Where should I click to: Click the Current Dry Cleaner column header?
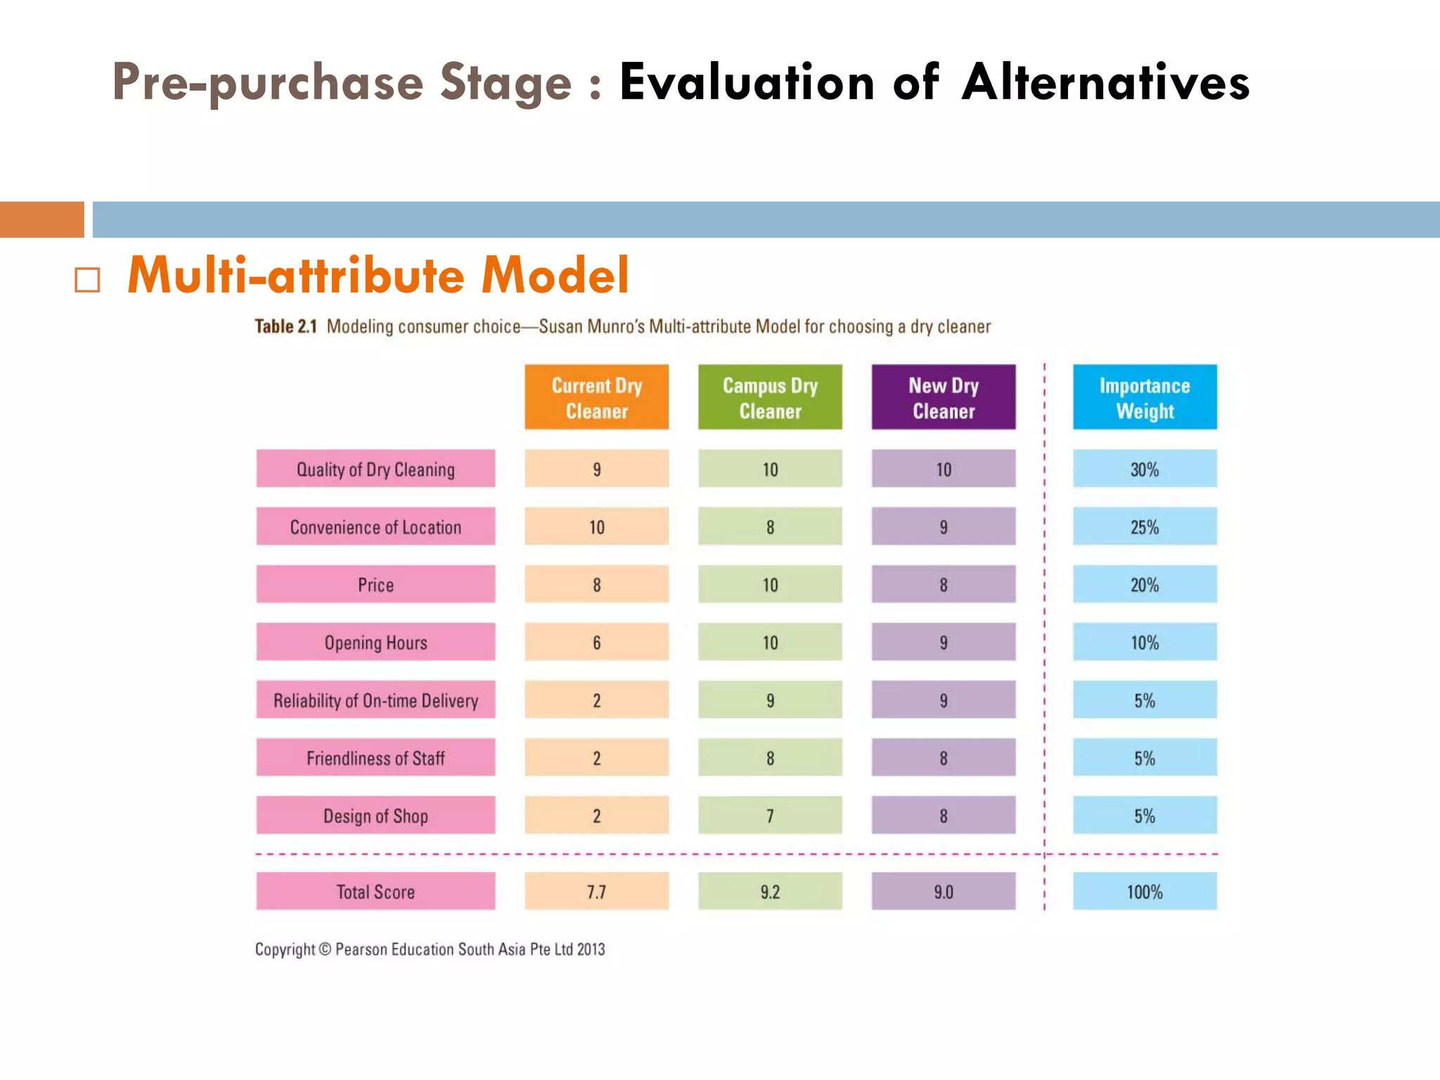[x=596, y=397]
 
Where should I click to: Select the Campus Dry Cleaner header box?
[x=770, y=397]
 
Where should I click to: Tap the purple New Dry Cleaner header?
[x=944, y=397]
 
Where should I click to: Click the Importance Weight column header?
[x=1145, y=397]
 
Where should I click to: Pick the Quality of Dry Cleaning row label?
[x=375, y=469]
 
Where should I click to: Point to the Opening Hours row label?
[x=375, y=642]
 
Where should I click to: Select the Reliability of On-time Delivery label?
[x=375, y=700]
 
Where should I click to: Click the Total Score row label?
[x=375, y=892]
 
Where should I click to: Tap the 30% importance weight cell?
[x=1145, y=469]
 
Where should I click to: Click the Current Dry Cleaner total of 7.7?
[x=596, y=892]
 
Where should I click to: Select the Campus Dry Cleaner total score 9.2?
[x=770, y=892]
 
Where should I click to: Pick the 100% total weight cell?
[x=1145, y=892]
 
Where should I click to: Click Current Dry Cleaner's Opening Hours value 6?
[x=596, y=642]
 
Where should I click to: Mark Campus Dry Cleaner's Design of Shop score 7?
[x=770, y=816]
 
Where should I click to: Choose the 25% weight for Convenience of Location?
[x=1145, y=527]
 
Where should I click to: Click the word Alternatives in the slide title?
[x=1105, y=83]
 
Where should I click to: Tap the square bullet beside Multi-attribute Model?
[x=87, y=280]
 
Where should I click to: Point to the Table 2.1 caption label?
[x=285, y=326]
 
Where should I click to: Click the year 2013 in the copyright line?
[x=591, y=949]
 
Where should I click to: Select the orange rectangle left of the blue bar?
[x=41, y=219]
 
